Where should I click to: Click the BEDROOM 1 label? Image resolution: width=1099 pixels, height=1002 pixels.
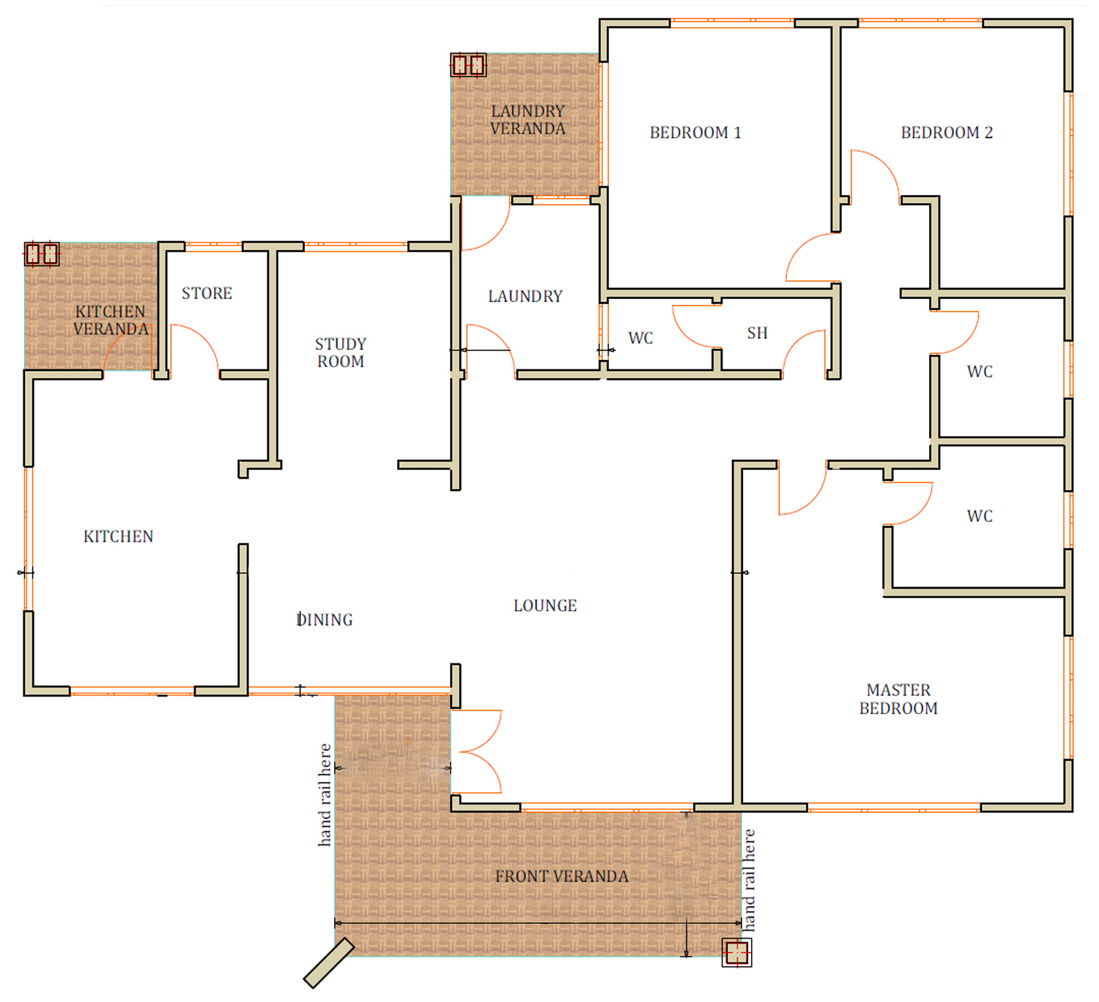(695, 133)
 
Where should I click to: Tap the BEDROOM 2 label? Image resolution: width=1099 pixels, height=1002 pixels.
(946, 133)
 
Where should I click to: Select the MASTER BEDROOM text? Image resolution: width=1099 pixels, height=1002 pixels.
(898, 699)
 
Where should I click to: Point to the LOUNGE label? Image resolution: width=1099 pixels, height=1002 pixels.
(545, 605)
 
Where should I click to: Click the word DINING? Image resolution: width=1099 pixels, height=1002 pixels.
(325, 620)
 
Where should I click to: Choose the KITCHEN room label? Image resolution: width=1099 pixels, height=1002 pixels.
(119, 537)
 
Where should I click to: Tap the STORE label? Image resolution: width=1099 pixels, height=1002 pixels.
(207, 293)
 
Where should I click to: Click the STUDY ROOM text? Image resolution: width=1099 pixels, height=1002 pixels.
(340, 353)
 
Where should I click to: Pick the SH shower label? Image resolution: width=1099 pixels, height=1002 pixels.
(757, 333)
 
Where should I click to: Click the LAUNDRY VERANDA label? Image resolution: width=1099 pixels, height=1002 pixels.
(528, 120)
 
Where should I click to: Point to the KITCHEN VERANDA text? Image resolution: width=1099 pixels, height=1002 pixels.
(111, 320)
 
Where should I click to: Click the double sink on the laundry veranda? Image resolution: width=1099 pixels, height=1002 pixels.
(468, 65)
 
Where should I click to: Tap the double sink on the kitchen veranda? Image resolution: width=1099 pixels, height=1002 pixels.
(42, 254)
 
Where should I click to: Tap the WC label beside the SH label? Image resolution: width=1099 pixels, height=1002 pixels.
(640, 338)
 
